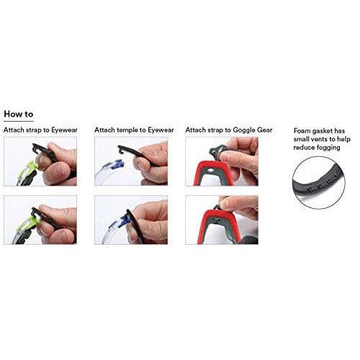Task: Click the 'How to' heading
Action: click(19, 114)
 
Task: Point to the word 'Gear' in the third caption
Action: click(265, 130)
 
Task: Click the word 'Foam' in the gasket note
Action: click(302, 131)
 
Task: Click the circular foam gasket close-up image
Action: click(319, 183)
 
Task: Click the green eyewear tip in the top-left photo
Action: click(32, 166)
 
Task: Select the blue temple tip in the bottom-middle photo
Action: click(121, 222)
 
